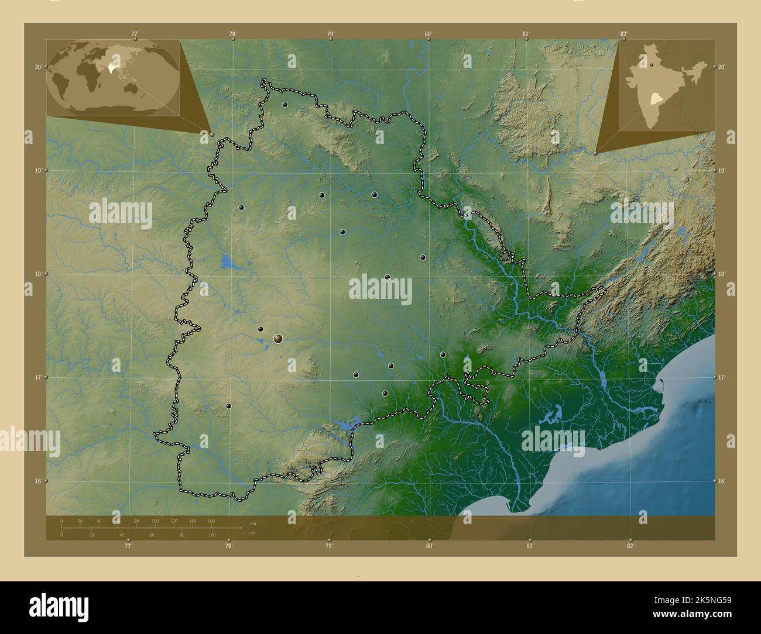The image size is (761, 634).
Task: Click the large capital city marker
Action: (x=278, y=338)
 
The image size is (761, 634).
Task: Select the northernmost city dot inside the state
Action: (x=284, y=105)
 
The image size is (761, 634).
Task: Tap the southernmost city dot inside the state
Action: (x=229, y=405)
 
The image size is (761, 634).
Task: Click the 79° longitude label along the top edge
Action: (x=331, y=34)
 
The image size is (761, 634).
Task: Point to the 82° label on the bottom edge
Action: (x=630, y=546)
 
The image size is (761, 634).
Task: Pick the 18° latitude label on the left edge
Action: (x=38, y=274)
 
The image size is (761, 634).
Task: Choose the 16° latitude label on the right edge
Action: (x=722, y=481)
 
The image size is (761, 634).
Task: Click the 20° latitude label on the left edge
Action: (x=38, y=67)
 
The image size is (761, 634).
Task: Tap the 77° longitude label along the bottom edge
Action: (x=128, y=546)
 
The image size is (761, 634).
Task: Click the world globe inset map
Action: (x=114, y=77)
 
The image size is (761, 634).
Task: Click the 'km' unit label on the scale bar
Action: (x=253, y=523)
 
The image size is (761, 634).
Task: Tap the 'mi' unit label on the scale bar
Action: (x=253, y=532)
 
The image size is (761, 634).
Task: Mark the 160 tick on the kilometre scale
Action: (x=211, y=521)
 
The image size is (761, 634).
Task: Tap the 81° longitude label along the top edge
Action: (x=526, y=34)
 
